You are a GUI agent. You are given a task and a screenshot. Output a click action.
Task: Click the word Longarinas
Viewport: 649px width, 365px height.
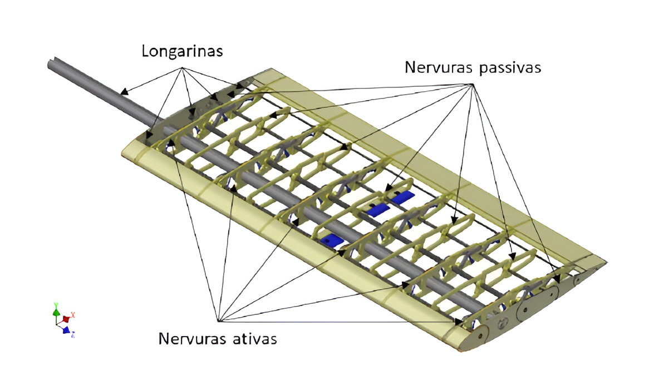coord(182,51)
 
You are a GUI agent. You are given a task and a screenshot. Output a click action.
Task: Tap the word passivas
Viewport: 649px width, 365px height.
coord(513,67)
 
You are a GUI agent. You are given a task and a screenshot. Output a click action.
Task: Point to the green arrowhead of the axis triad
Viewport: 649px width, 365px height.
coord(56,312)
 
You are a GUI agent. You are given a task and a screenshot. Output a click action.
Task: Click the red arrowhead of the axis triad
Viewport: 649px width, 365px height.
coord(66,319)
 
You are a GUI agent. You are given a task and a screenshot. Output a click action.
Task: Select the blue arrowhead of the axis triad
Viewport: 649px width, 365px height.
coord(66,331)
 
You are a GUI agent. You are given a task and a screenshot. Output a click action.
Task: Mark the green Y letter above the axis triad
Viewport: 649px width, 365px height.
coord(56,304)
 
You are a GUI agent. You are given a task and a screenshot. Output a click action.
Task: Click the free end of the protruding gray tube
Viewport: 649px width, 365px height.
coord(52,64)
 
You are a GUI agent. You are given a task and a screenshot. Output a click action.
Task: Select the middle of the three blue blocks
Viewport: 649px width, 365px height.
coord(378,209)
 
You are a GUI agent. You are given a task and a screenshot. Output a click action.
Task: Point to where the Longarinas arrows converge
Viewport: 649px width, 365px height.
coord(181,68)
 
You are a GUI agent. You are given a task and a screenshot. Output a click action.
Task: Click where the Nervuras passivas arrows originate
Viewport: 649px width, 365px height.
coord(472,85)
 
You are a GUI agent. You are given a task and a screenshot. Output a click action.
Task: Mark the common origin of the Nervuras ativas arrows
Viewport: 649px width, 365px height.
coord(218,320)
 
